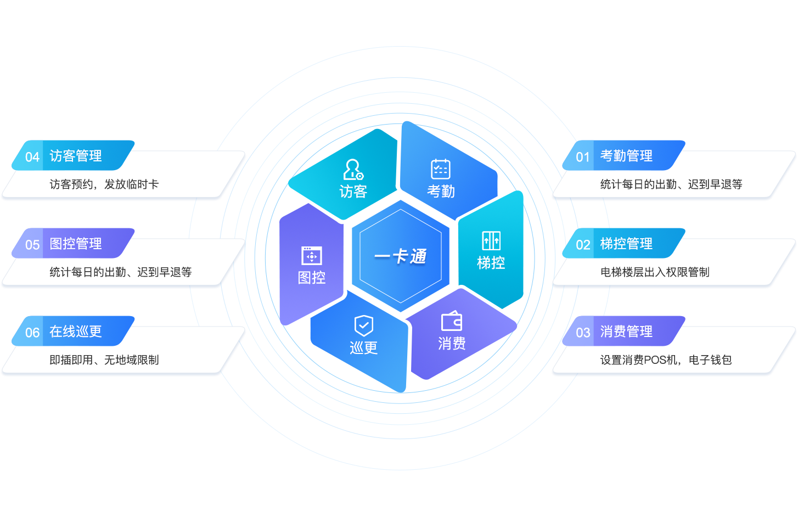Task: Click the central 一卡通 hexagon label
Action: click(401, 256)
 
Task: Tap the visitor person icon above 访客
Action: click(353, 170)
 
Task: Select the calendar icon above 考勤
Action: click(441, 169)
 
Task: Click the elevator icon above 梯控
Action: click(491, 241)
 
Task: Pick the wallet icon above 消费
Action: click(452, 321)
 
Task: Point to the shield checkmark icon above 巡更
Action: click(363, 325)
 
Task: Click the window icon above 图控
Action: click(312, 256)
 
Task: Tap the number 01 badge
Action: click(583, 158)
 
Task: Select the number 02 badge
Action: click(583, 245)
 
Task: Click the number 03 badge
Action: click(583, 333)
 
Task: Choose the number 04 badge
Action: click(32, 158)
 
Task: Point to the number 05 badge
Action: click(32, 245)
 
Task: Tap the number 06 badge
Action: click(32, 333)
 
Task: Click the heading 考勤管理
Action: click(626, 156)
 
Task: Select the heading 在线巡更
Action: click(76, 332)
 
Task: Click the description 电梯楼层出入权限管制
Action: click(655, 272)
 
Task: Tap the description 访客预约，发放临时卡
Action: click(104, 184)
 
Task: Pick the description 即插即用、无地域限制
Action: click(104, 360)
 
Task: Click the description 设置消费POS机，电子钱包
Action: click(666, 360)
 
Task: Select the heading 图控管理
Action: click(76, 244)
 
